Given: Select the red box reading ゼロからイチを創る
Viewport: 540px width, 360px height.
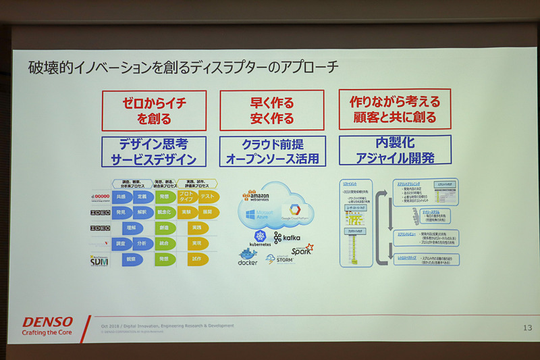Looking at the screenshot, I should coord(154,111).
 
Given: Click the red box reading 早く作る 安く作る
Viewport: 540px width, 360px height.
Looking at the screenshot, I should coord(272,111).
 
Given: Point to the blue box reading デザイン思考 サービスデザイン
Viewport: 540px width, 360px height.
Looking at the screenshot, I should coord(154,152).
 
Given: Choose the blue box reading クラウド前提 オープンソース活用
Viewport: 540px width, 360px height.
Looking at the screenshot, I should coord(273,151).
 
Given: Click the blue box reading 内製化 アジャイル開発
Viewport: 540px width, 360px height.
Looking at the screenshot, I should coord(395,150).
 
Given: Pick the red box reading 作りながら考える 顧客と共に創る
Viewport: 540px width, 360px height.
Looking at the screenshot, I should coord(395,109).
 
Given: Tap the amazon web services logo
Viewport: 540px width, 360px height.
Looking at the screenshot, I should coord(258,197).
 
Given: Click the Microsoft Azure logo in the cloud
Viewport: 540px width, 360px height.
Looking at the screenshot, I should coord(258,216).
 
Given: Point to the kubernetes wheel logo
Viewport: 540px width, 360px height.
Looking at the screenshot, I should coord(260,237).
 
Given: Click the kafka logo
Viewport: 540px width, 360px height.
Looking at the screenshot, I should coord(288,238).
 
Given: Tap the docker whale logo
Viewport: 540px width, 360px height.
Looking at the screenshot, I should coord(248,257).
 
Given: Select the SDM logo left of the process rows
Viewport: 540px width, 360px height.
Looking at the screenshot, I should coord(99,259).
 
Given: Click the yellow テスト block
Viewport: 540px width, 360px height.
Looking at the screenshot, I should coord(207,197).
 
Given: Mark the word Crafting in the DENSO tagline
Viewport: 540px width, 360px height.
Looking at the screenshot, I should coord(37,332).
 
